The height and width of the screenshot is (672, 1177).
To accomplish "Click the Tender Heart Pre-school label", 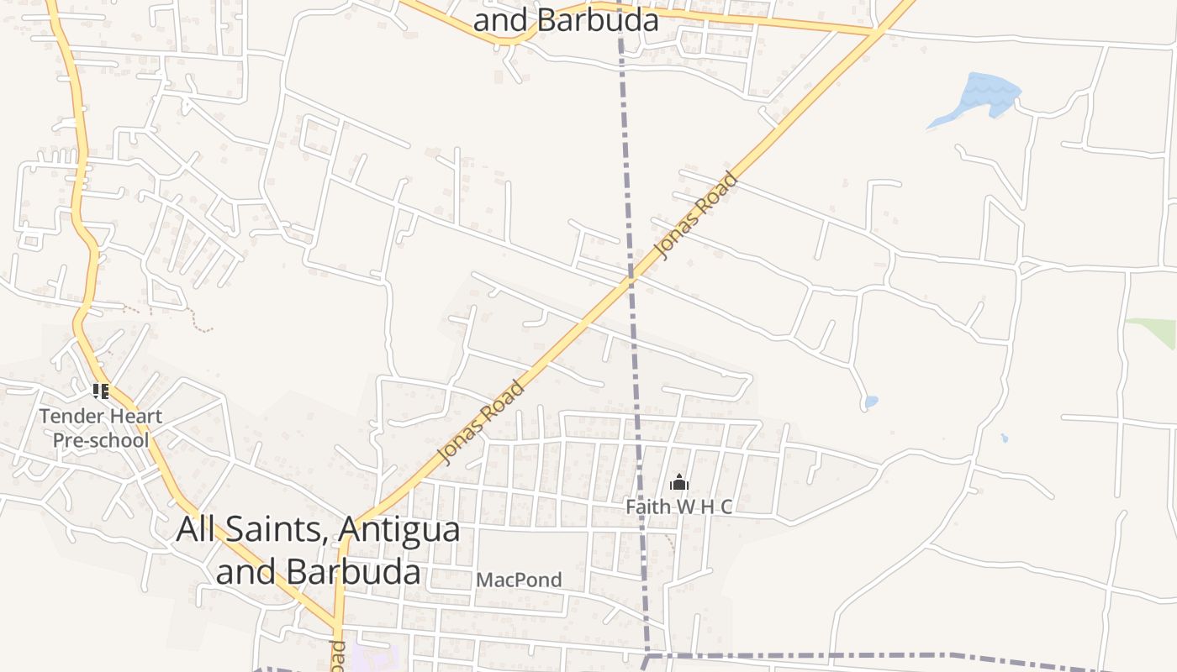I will [100, 428].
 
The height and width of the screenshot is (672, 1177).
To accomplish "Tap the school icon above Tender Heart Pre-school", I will [101, 391].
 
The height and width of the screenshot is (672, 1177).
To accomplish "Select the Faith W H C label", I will [678, 507].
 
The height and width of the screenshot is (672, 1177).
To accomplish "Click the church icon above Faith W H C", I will [678, 483].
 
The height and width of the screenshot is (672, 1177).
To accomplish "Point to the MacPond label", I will [519, 580].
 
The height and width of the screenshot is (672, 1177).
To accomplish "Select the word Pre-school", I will [100, 440].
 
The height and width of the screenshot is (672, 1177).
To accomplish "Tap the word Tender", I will [71, 416].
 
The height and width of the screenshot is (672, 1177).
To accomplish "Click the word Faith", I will [647, 507].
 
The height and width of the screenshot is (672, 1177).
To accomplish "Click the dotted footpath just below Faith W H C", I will [670, 543].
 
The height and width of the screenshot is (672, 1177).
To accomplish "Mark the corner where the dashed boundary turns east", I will [648, 654].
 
